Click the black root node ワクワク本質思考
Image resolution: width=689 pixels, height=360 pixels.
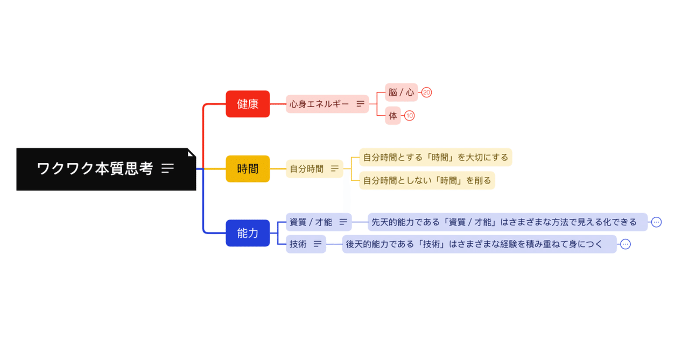94,169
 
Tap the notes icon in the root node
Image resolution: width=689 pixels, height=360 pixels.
167,169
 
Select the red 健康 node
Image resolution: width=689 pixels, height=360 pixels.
248,104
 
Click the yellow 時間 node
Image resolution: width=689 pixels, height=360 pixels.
248,169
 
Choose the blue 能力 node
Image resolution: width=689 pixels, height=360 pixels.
248,233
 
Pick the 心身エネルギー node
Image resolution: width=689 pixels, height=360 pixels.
320,104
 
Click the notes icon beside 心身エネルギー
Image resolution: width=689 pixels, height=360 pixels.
360,104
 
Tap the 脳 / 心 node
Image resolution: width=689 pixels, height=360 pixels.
401,93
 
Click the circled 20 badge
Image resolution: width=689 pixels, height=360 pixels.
426,93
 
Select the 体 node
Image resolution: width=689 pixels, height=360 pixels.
393,116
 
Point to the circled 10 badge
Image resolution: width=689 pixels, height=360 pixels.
410,116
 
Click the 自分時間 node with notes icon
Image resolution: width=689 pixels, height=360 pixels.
307,169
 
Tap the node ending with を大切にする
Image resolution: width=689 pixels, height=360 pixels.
435,157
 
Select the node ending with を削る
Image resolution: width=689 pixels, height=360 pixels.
427,180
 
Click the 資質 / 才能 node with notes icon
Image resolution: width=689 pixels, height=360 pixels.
311,222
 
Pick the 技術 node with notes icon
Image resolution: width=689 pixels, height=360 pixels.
299,244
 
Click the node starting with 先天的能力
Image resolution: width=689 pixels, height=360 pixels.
504,222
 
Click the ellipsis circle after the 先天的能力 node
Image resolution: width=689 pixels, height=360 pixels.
656,222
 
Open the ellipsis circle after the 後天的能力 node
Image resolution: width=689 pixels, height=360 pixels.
625,244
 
